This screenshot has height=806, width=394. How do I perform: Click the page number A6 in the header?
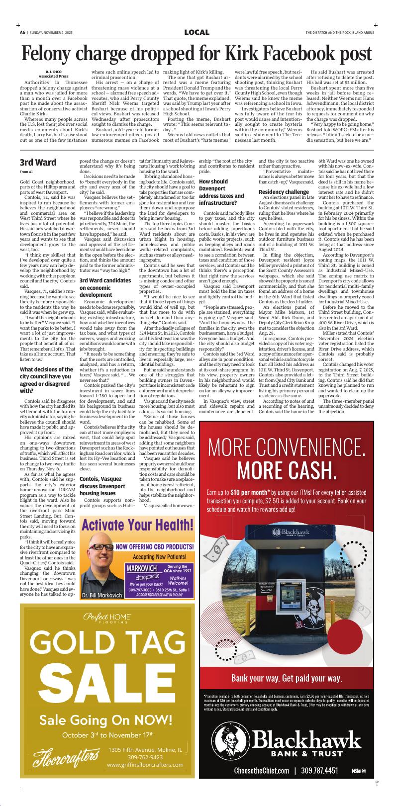coord(22,32)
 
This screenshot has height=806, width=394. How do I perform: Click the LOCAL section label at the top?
coord(197,32)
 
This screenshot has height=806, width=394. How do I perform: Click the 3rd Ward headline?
coord(38,163)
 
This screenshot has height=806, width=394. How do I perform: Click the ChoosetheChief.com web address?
coord(261,771)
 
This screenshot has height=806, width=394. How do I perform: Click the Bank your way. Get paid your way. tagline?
coord(286,678)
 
